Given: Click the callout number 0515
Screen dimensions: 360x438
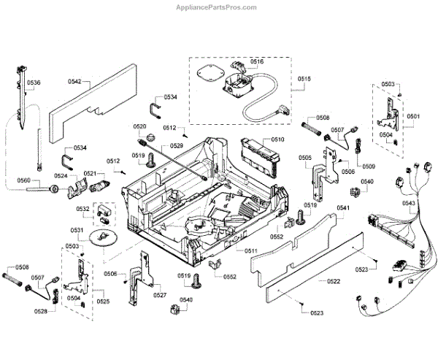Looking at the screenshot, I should point(304,78).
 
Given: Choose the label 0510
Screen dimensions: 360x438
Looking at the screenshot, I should point(277,139).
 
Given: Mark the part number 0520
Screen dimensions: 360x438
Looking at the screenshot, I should point(140,127).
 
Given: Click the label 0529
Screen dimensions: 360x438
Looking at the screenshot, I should point(176,146).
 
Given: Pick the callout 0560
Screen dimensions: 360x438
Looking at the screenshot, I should point(23,180).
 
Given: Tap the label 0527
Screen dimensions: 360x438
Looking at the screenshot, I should point(160,295).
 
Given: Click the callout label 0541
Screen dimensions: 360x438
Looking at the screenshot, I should point(345,209).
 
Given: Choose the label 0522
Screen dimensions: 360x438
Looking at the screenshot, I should point(333,281).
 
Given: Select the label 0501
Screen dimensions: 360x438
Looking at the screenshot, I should point(413,116).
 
